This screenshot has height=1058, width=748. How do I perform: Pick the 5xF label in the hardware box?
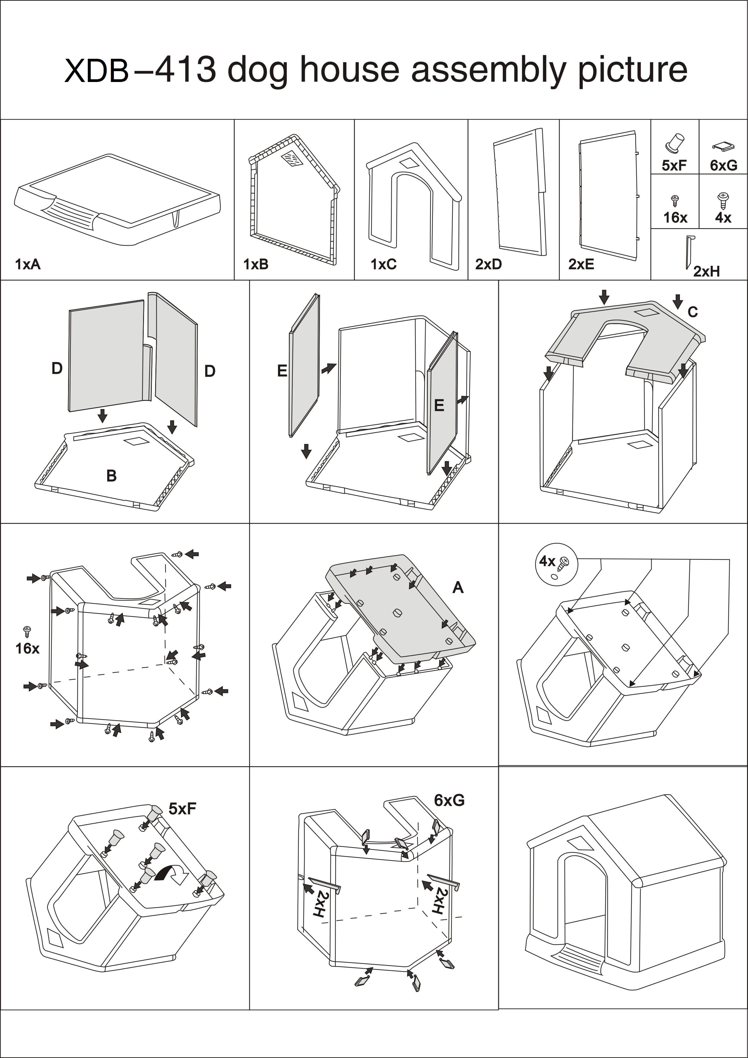(674, 165)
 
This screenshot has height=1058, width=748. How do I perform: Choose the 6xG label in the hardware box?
(723, 165)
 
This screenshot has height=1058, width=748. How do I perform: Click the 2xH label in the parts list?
(706, 271)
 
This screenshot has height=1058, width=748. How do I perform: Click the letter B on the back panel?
(111, 476)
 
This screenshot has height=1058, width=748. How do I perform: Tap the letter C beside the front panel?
(692, 312)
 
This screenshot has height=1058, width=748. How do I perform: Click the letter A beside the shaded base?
(458, 587)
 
